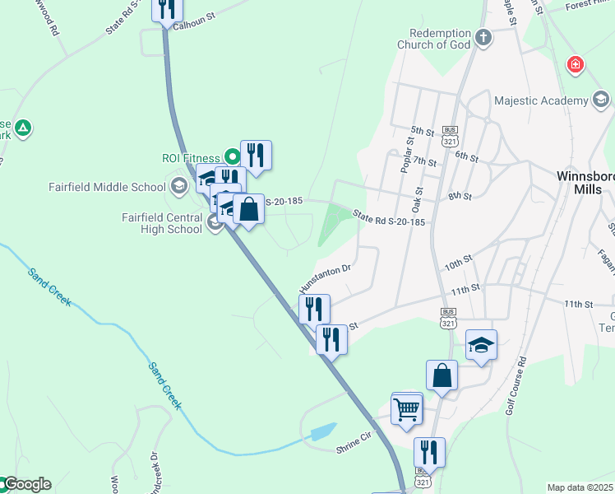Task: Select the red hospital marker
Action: [576, 63]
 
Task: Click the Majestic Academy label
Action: [541, 100]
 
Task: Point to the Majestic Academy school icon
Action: [601, 100]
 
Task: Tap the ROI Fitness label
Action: [191, 158]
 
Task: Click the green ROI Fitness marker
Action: [233, 156]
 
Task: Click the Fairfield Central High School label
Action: [161, 223]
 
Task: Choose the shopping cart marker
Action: [407, 408]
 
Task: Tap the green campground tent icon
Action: [24, 128]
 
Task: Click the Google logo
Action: [26, 484]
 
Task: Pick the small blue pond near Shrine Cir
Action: [323, 431]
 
